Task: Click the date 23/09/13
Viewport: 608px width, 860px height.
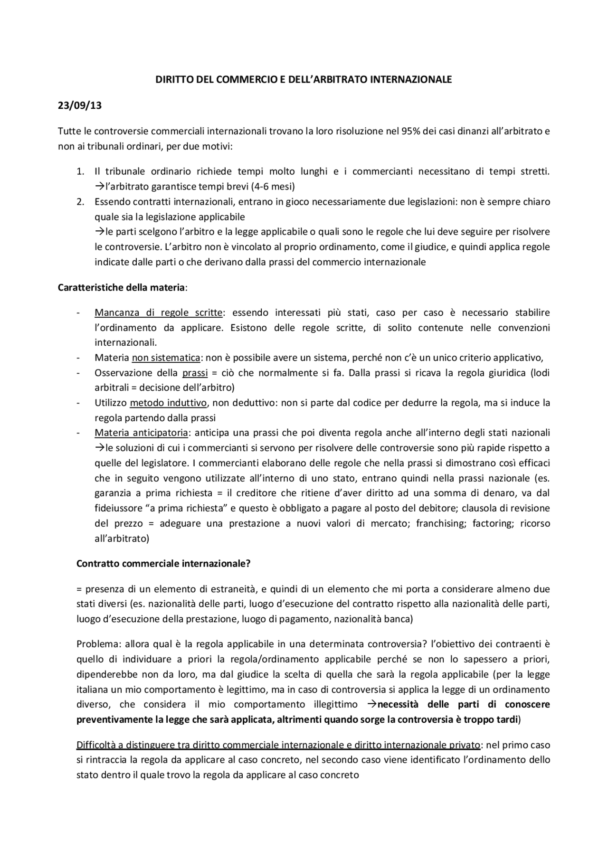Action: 79,106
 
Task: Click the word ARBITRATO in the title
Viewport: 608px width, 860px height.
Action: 341,80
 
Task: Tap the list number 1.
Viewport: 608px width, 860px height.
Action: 80,171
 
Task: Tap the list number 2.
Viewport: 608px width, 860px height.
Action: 80,201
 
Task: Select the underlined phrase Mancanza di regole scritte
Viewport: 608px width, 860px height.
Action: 159,312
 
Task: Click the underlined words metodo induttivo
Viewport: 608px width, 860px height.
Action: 168,403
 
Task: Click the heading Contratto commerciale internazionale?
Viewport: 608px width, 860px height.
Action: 163,564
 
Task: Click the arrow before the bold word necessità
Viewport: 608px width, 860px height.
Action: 372,704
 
